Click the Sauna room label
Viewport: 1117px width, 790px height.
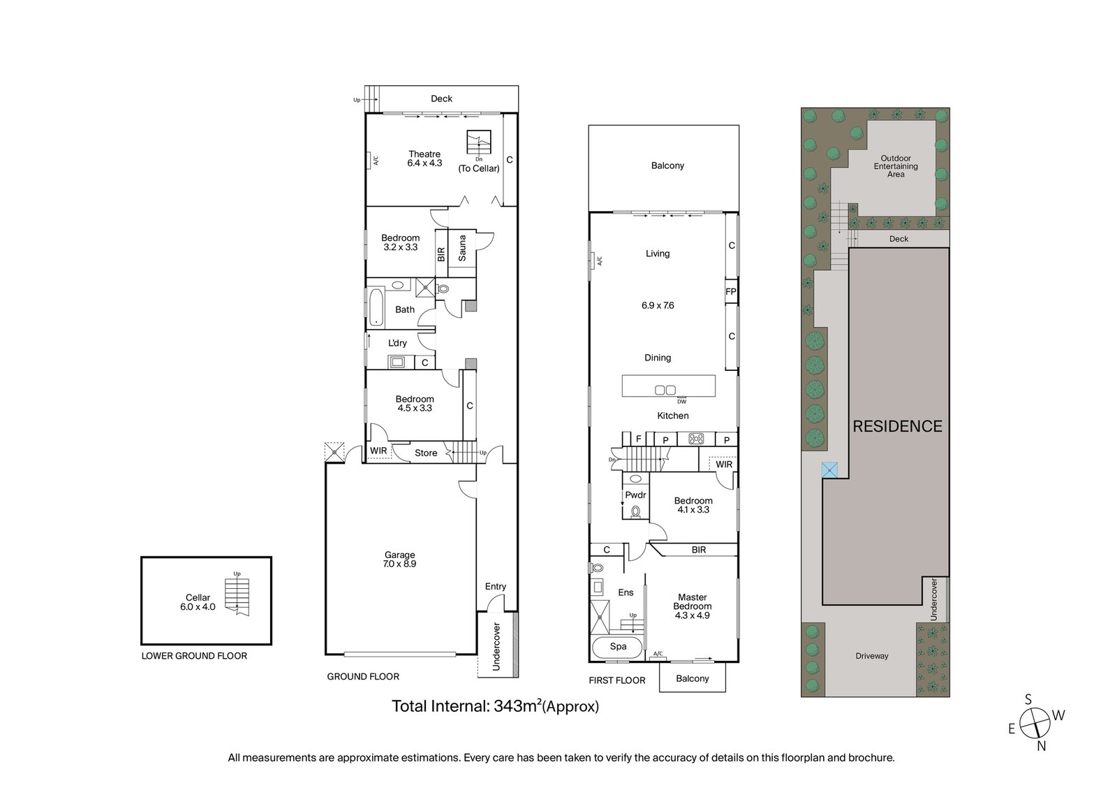462,248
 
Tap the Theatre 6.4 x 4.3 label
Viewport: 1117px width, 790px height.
424,159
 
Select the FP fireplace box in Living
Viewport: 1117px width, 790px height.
731,291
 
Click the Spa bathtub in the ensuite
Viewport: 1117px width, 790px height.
618,648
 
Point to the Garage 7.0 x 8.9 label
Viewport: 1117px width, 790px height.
400,559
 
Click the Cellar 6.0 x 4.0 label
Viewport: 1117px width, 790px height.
198,602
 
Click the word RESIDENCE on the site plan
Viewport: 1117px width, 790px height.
898,426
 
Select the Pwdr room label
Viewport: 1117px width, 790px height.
635,495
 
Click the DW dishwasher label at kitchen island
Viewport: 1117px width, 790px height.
681,401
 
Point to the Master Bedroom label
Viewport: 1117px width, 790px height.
692,606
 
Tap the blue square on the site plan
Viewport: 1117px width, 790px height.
829,470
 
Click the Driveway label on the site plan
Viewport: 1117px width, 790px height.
872,656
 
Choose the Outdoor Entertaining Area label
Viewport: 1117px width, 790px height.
896,166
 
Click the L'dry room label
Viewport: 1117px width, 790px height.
397,343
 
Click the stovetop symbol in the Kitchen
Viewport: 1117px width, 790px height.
696,439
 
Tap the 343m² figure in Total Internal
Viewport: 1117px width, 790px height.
517,705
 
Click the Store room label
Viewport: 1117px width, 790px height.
426,453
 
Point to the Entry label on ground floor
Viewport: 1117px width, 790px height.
495,586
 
